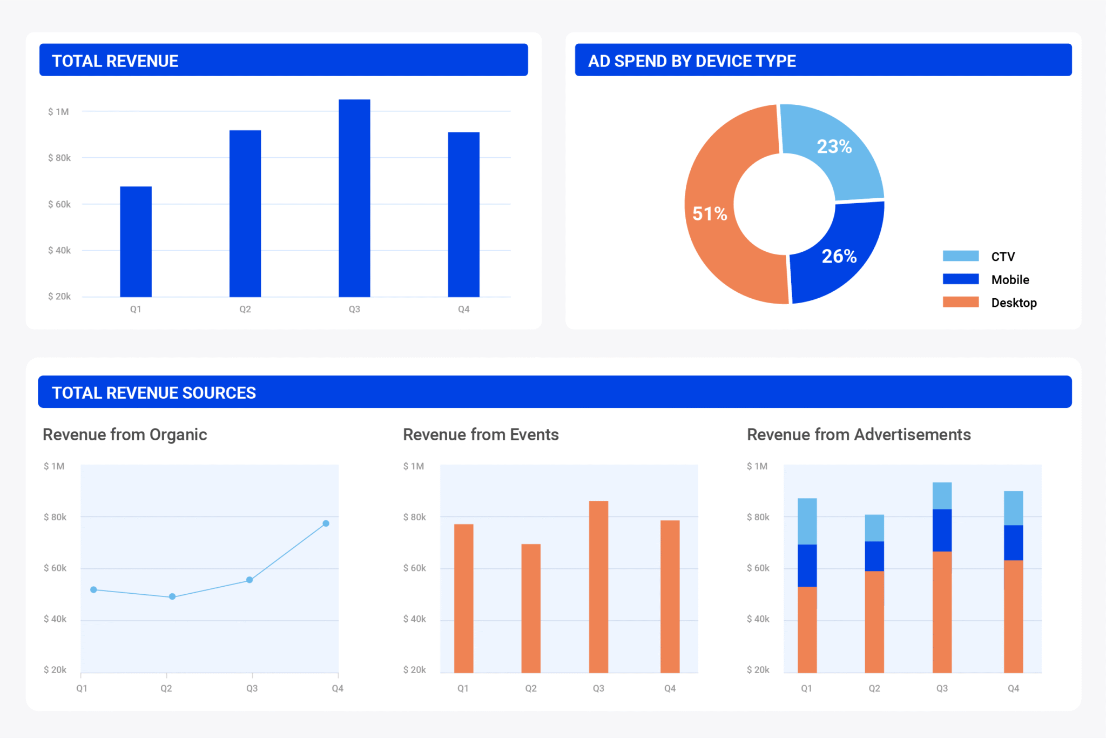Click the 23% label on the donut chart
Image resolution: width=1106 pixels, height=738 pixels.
[x=834, y=146]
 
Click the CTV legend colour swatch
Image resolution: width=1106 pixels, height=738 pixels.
[x=960, y=256]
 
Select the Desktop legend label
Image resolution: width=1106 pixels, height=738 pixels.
[x=1014, y=303]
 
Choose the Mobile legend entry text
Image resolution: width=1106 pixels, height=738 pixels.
[x=1010, y=279]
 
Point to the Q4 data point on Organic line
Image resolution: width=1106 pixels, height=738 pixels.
[x=326, y=523]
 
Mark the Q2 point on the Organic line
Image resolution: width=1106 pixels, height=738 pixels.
[x=172, y=596]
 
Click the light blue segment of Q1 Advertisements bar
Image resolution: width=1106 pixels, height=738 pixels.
[x=807, y=521]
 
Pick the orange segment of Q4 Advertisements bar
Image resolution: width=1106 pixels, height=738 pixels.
[x=1013, y=616]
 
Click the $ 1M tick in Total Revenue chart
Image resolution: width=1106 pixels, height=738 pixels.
[x=58, y=112]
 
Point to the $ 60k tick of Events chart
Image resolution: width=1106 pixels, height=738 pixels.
[x=414, y=568]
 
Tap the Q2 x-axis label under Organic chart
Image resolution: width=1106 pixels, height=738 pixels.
[x=166, y=688]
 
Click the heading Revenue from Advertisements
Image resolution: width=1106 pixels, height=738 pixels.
[x=859, y=434]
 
